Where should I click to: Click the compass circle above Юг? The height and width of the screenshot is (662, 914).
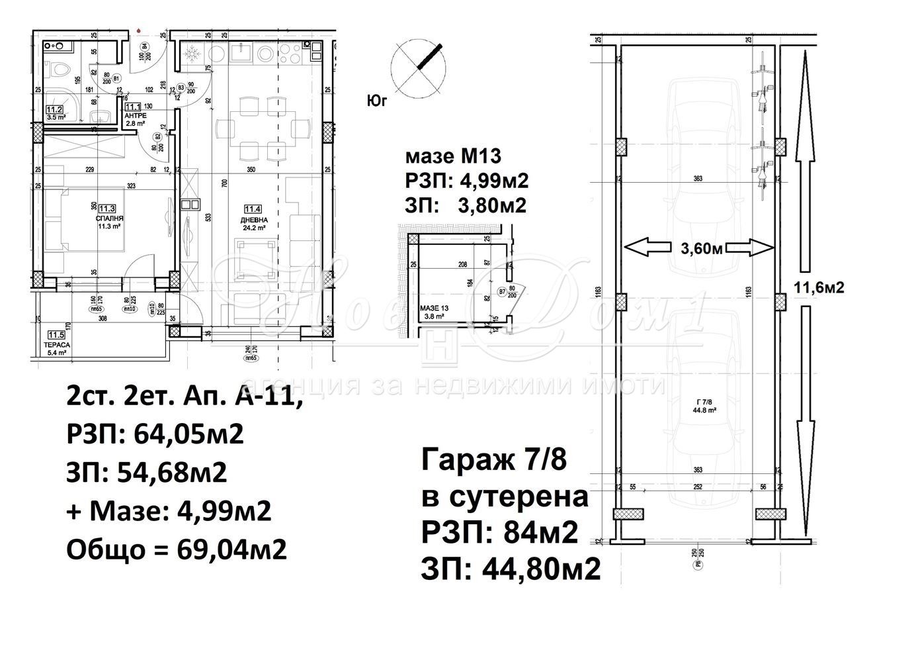point(417,66)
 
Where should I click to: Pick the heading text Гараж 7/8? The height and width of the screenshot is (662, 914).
point(493,459)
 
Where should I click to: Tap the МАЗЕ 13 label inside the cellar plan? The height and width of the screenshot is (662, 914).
point(435,312)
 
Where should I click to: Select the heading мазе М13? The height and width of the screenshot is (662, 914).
point(453,157)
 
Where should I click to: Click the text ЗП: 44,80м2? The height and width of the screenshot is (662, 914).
point(511,568)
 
